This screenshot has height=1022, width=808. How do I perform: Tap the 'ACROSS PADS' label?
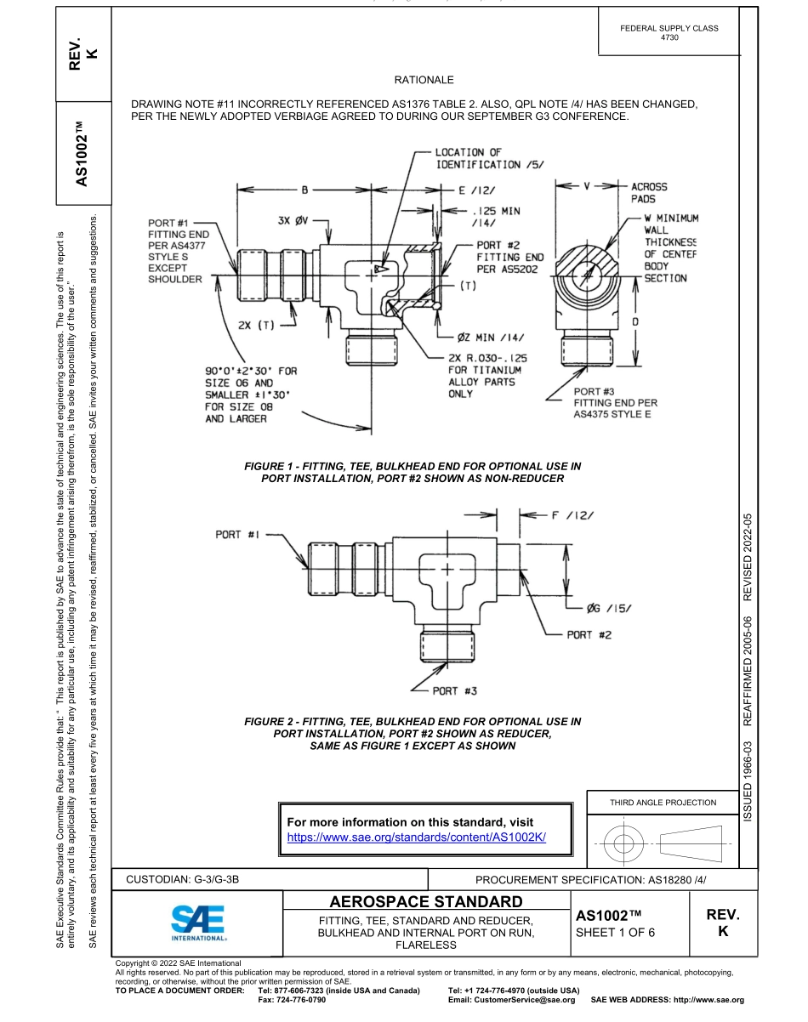(x=649, y=192)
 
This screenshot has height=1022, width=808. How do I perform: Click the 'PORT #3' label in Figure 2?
(x=454, y=690)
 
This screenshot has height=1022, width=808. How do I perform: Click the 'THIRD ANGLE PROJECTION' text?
(x=663, y=802)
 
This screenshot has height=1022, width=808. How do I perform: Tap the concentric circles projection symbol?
(x=624, y=844)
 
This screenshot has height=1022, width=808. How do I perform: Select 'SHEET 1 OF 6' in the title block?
(x=616, y=932)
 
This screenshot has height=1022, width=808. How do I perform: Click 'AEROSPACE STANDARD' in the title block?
(x=426, y=900)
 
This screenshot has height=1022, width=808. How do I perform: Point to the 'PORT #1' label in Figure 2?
(x=236, y=534)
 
